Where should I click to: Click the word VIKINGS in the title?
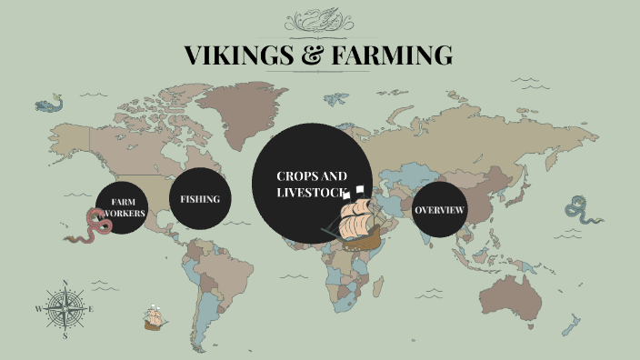coord(236,55)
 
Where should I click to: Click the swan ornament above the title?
coord(319,19)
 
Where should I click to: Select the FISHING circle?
coord(200,198)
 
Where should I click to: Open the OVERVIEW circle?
coord(440,210)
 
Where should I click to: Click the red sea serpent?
coord(94,226)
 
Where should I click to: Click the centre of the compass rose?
coord(65,309)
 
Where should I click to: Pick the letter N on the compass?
coord(65,282)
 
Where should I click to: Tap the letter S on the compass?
coord(65,335)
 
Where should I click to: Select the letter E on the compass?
coord(92,309)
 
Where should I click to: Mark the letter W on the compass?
coord(38,309)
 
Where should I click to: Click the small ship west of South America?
coord(154,318)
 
